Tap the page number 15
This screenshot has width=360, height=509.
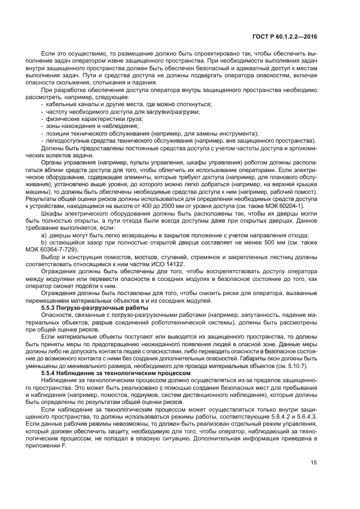point(314,463)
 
